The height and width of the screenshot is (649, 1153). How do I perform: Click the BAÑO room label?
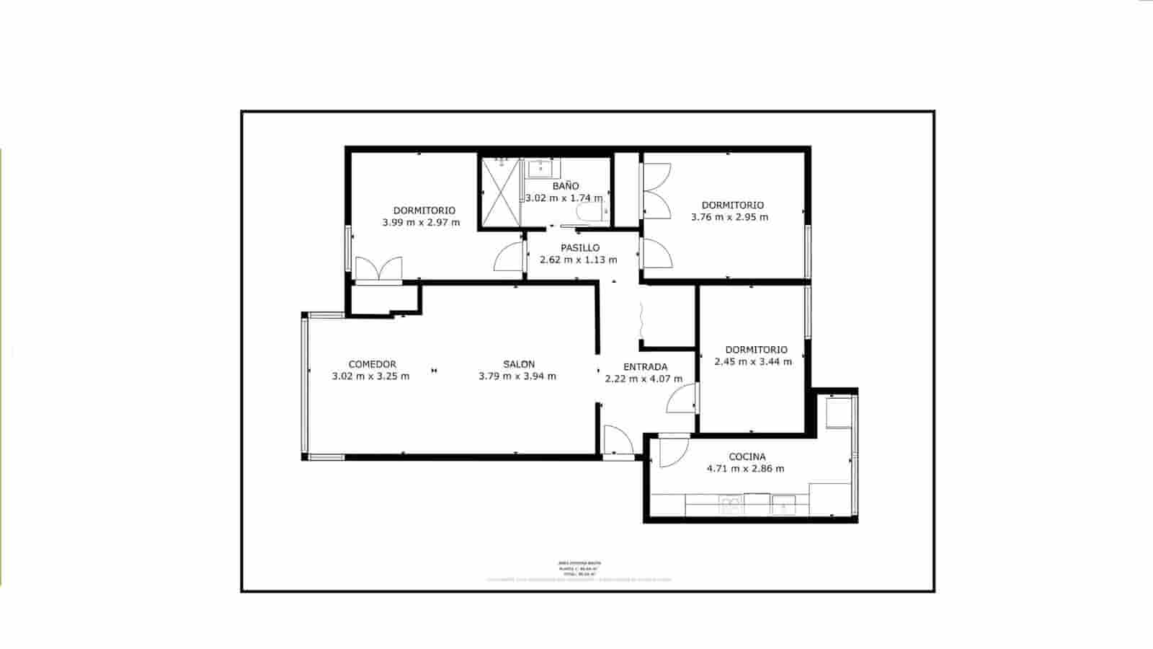tap(566, 186)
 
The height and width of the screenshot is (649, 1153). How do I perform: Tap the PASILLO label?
tap(580, 248)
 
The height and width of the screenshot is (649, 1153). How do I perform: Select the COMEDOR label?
tap(372, 364)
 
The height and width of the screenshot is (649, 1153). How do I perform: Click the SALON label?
tap(519, 364)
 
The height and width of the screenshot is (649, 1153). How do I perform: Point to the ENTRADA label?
tap(645, 366)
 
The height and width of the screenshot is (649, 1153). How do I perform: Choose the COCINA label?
tap(747, 456)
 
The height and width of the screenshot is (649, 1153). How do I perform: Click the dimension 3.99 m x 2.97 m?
tap(421, 223)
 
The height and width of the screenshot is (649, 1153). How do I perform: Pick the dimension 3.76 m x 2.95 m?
tap(729, 217)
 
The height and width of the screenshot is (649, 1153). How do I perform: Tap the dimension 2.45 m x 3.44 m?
tap(753, 362)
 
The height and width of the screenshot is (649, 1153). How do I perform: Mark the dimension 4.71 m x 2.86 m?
tap(746, 469)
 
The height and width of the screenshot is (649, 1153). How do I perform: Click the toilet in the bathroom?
tap(591, 212)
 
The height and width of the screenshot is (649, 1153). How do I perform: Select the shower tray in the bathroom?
tap(501, 191)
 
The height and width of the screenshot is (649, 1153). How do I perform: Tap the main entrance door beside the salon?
tap(617, 442)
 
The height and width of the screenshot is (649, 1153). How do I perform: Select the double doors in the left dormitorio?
tap(378, 269)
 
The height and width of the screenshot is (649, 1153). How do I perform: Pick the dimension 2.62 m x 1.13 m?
tap(578, 260)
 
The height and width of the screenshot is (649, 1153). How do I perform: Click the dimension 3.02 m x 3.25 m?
tap(370, 376)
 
